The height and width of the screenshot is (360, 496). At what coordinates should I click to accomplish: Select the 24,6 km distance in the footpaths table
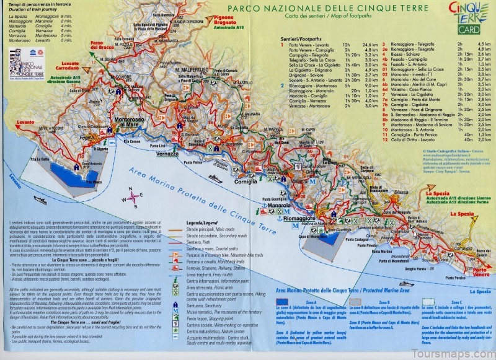370,45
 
